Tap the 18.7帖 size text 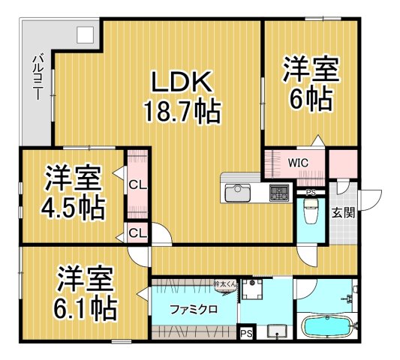pos(182,112)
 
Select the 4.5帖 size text pos(73,205)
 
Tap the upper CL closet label pos(137,184)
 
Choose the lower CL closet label pos(137,232)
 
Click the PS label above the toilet pos(311,192)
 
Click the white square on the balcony pos(85,34)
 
